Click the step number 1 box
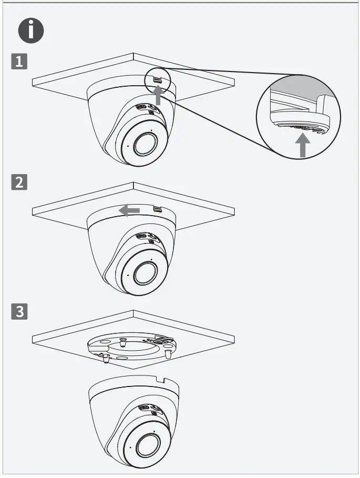pyautogui.click(x=19, y=63)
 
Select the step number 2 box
pyautogui.click(x=19, y=182)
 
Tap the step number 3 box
pyautogui.click(x=19, y=311)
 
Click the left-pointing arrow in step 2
pyautogui.click(x=129, y=210)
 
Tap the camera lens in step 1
pyautogui.click(x=142, y=145)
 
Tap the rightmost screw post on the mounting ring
pyautogui.click(x=168, y=354)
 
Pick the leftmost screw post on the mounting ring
pyautogui.click(x=105, y=358)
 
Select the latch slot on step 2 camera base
pyautogui.click(x=157, y=209)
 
